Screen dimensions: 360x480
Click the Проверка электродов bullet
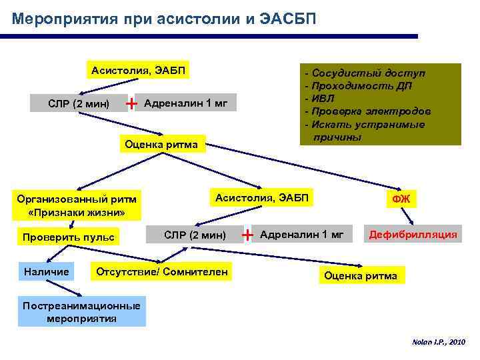click(371, 111)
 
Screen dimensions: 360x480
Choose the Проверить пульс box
click(68, 237)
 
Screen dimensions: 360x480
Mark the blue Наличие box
click(47, 271)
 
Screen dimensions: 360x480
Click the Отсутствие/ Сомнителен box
click(162, 271)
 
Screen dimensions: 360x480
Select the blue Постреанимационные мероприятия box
click(81, 312)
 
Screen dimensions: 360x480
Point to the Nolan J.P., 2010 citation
click(437, 341)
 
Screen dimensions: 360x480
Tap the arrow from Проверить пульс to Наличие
click(57, 254)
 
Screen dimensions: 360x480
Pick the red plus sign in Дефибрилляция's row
click(247, 235)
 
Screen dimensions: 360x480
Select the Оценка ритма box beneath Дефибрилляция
click(359, 275)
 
